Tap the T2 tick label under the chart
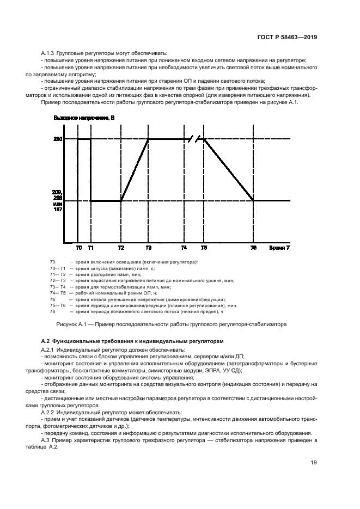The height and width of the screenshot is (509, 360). [x=121, y=248]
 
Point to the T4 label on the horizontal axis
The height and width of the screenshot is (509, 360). [x=184, y=248]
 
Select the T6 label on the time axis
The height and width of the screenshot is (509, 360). [x=253, y=248]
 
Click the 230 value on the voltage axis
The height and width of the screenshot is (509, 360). [x=58, y=140]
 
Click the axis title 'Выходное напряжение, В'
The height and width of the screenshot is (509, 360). [x=84, y=118]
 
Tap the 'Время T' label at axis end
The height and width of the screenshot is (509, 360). [x=279, y=248]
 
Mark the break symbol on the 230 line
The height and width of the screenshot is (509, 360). [x=194, y=139]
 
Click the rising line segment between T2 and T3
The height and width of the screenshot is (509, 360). [x=135, y=170]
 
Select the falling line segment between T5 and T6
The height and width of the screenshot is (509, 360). [x=229, y=170]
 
